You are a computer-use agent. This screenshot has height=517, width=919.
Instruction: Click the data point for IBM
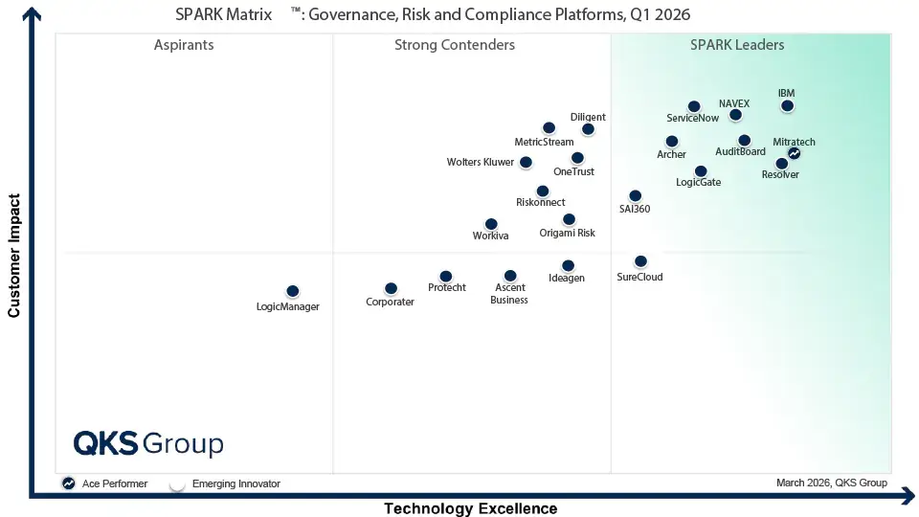[787, 106]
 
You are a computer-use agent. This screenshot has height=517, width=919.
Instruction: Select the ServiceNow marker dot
[694, 106]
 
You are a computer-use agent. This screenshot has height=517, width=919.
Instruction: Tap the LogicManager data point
[293, 291]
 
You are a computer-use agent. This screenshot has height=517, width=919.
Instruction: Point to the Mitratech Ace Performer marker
[795, 153]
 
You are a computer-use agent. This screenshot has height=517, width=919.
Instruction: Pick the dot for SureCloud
[640, 261]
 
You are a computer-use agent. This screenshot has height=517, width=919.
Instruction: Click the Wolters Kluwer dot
[526, 163]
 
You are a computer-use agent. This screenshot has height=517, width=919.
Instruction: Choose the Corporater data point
[391, 288]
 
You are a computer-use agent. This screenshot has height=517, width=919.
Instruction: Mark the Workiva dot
[491, 224]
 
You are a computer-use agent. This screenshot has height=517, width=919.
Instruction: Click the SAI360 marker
[636, 195]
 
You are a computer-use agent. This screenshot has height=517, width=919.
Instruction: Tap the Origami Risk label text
[567, 233]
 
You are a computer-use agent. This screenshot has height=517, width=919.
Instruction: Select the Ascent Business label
[509, 294]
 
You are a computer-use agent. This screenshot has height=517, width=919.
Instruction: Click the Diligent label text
[588, 117]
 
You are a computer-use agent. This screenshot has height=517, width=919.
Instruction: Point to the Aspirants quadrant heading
[184, 45]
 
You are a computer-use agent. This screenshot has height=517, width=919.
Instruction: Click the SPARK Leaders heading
[737, 45]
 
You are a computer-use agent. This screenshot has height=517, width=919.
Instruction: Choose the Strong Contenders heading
[454, 45]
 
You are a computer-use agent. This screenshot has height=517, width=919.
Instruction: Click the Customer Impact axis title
[13, 256]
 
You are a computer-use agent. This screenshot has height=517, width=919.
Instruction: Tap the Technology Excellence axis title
[471, 508]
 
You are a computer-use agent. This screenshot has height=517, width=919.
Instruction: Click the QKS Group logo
[148, 443]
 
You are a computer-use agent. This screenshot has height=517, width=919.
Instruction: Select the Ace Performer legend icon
[69, 483]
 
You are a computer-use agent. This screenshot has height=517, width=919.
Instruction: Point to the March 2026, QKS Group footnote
[832, 483]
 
